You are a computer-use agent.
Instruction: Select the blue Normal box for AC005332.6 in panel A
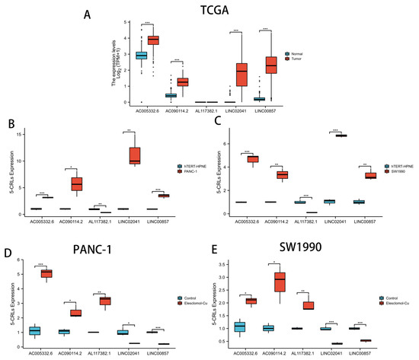[x=141, y=55]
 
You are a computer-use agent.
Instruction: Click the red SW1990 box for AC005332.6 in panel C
[x=272, y=159]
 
